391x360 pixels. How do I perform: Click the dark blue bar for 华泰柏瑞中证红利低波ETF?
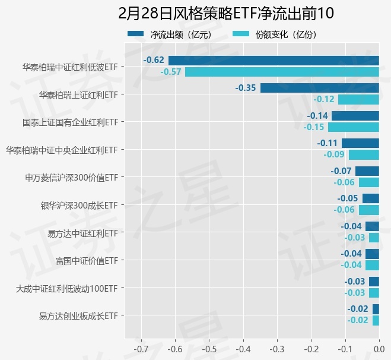tap(274, 60)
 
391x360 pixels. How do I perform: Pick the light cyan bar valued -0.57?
tap(282, 72)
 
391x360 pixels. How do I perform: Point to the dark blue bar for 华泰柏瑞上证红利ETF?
tap(319, 88)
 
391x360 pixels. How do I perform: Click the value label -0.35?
tap(246, 88)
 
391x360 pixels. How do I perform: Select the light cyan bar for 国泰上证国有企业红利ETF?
tap(353, 127)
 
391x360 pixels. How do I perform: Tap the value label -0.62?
tap(154, 60)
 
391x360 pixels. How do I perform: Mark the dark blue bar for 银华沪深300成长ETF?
tap(370, 198)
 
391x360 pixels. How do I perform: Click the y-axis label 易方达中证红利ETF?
tap(82, 233)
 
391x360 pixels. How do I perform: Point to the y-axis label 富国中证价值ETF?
tap(87, 260)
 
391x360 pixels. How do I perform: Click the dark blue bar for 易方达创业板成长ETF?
tap(375, 309)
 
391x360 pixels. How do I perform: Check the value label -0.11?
tap(327, 143)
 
